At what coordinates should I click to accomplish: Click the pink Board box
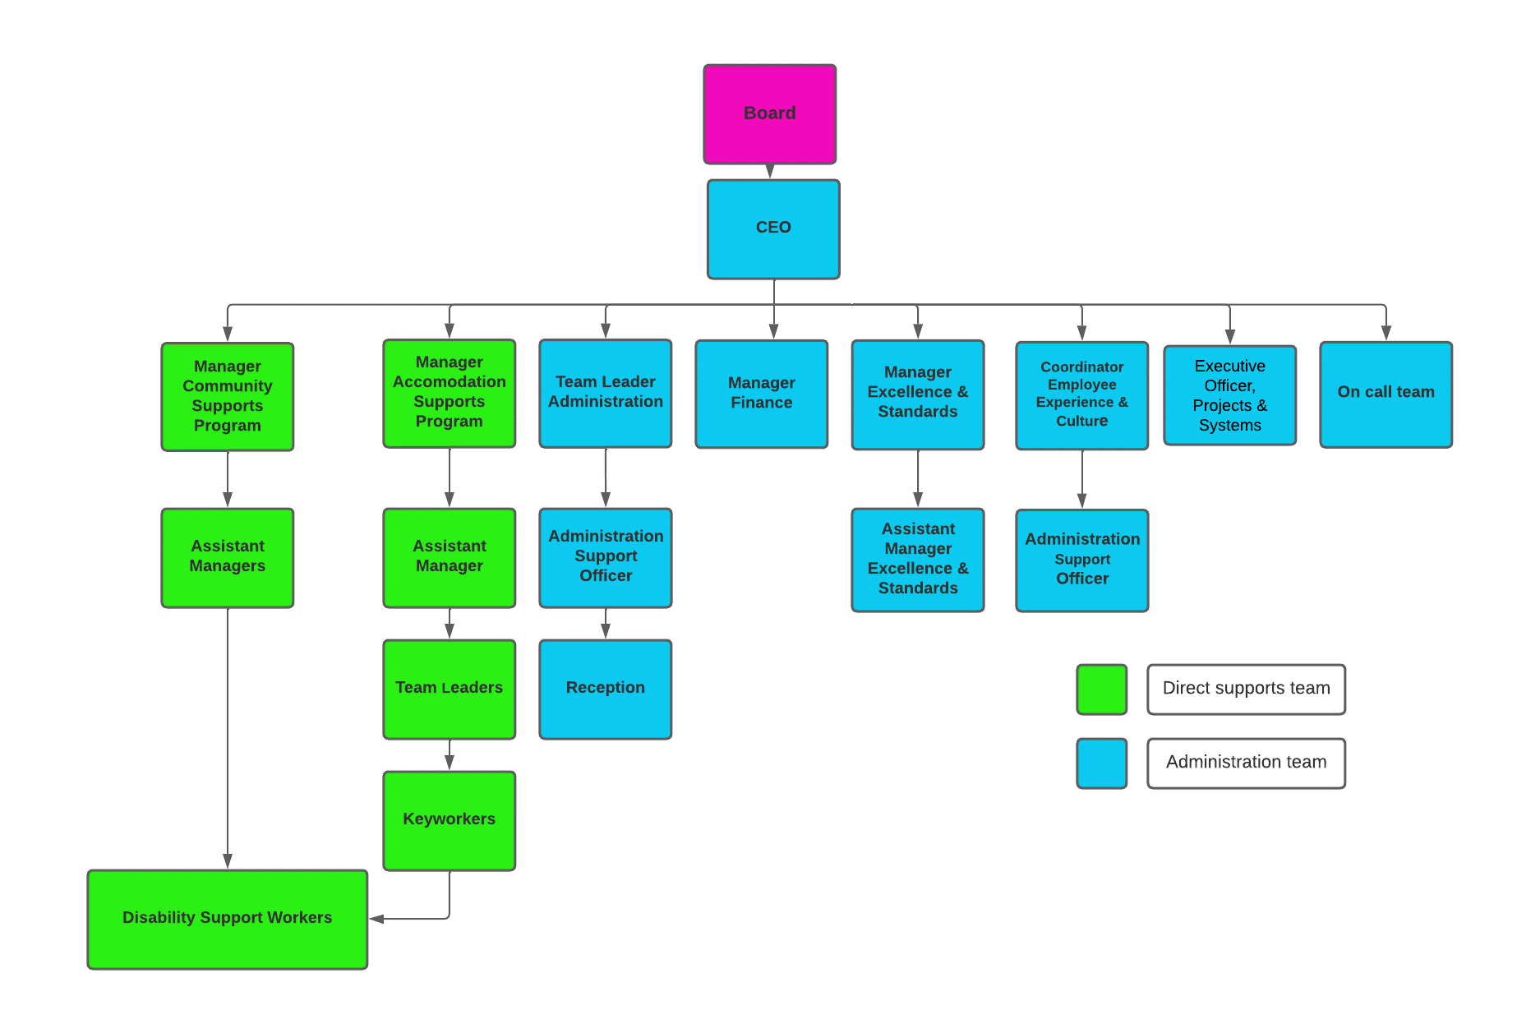point(769,114)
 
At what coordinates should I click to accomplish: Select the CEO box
point(773,229)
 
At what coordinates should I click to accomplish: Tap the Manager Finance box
point(761,394)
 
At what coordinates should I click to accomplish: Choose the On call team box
point(1386,394)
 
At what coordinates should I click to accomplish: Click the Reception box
point(605,689)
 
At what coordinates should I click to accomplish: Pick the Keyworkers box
point(449,820)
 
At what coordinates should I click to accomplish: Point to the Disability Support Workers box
point(227,919)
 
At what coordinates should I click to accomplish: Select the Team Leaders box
point(449,689)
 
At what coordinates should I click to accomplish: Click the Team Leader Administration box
point(605,394)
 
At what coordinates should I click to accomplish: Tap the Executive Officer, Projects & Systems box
point(1229,395)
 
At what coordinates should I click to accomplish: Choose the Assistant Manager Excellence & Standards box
point(917,560)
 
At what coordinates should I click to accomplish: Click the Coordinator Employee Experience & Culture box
point(1081,395)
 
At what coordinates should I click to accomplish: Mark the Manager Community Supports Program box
point(227,397)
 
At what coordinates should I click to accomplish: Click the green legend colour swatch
point(1101,689)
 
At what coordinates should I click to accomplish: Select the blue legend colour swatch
point(1101,763)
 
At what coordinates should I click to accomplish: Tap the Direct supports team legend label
point(1246,689)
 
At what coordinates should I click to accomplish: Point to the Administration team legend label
point(1246,763)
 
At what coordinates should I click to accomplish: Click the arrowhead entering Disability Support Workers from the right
point(377,919)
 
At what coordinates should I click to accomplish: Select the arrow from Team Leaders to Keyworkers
point(449,755)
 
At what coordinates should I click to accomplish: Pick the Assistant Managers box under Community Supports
point(227,558)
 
